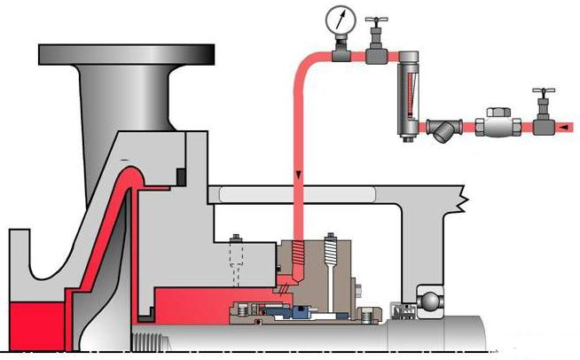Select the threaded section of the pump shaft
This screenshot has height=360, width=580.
tap(152, 337)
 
